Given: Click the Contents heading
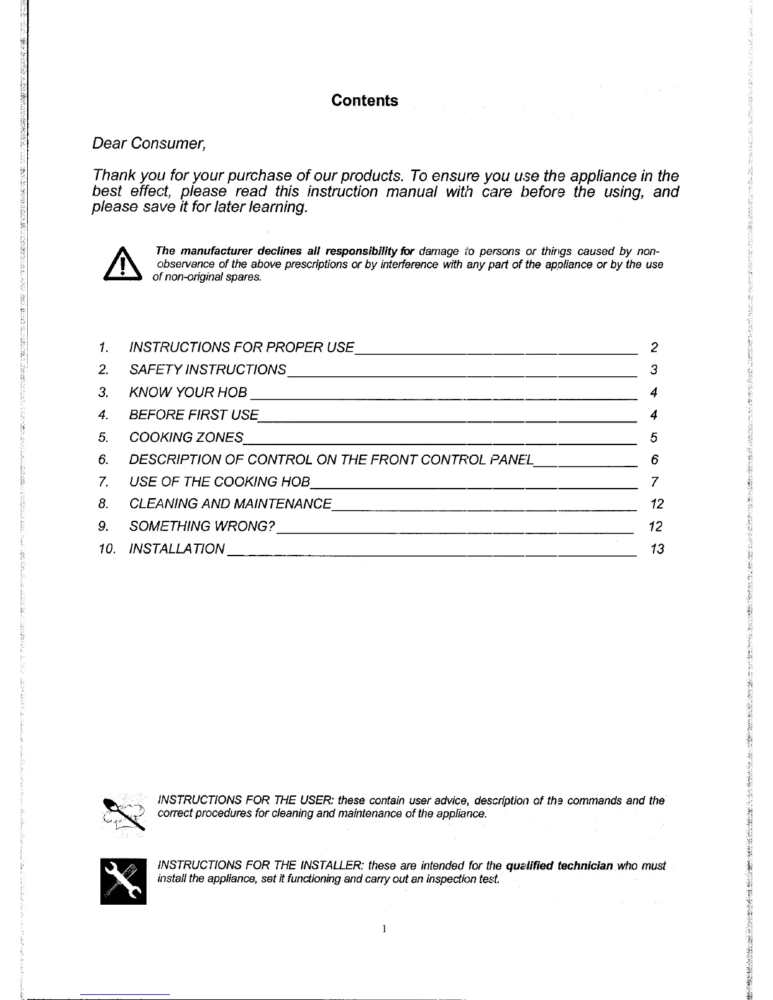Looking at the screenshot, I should (x=364, y=101).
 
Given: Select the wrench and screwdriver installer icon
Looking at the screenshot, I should (x=123, y=881).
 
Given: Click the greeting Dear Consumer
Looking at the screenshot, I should (x=149, y=144).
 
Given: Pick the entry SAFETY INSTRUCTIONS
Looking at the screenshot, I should (x=207, y=370).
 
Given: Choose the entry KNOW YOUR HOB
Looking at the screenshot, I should (x=188, y=393).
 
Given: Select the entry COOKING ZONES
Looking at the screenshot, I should (x=186, y=437).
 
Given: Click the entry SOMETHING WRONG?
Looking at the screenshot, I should (x=201, y=527).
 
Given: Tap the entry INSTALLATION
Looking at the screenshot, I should (x=176, y=549).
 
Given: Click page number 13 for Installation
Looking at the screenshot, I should (x=657, y=549).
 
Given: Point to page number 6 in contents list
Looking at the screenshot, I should (x=654, y=460).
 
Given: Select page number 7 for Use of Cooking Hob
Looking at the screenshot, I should (x=654, y=482).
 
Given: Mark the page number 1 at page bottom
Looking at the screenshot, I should (x=384, y=929).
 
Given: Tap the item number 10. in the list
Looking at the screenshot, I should (x=107, y=549).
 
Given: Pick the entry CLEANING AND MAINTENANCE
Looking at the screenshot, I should (x=230, y=504).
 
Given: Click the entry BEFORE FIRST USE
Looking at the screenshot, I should (x=193, y=415).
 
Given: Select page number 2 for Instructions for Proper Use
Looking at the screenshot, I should (x=654, y=347).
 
